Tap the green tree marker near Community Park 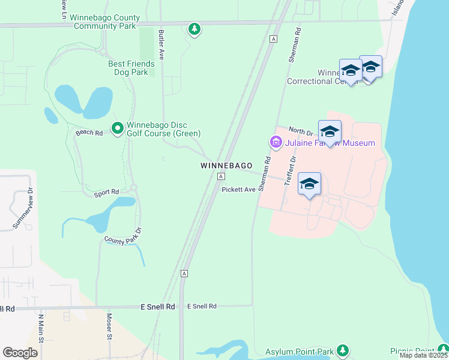(194, 29)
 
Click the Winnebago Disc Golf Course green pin (118, 128)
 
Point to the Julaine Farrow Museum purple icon (276, 143)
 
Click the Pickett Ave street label (239, 189)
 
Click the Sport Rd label (106, 193)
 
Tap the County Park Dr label (122, 235)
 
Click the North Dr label (301, 131)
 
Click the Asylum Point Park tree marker (342, 350)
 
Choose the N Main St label (41, 328)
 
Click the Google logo (20, 353)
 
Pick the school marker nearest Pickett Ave (309, 184)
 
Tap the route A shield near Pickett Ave (221, 176)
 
